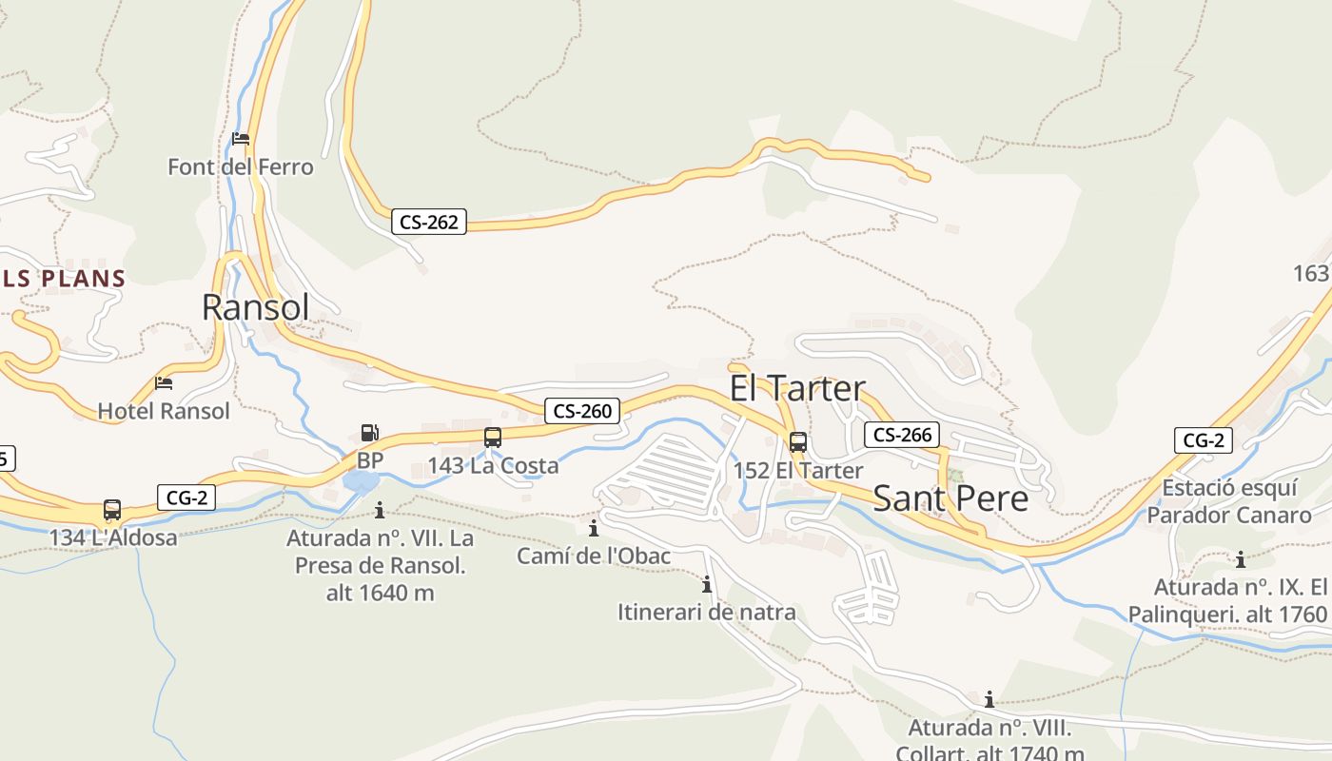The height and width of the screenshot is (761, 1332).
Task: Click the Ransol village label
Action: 256,307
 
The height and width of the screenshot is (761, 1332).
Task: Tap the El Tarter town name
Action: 797,388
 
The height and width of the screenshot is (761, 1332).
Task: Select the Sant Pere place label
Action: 950,498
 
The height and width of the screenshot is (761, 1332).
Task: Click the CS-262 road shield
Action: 429,223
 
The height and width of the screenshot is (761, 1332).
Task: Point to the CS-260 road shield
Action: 582,411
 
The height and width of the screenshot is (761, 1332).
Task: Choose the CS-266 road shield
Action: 902,435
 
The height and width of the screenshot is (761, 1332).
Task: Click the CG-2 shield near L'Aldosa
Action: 186,497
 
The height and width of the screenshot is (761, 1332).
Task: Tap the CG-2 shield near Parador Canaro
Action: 1204,440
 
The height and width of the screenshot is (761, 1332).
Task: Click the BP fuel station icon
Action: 369,433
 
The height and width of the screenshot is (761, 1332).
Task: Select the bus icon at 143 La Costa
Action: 492,438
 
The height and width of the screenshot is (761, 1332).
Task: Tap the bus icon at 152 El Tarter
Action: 797,442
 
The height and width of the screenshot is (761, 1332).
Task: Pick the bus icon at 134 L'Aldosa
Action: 112,510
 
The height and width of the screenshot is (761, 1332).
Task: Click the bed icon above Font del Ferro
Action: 241,139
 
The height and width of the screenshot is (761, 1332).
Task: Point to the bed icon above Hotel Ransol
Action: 164,383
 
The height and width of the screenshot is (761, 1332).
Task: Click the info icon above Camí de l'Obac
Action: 594,528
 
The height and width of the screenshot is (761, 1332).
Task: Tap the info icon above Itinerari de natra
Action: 707,584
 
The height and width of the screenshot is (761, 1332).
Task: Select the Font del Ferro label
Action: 241,167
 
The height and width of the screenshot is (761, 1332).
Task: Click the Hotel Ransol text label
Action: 164,411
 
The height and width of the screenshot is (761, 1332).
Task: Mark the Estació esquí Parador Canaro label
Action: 1229,501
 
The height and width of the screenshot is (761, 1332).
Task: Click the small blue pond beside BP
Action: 362,482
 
